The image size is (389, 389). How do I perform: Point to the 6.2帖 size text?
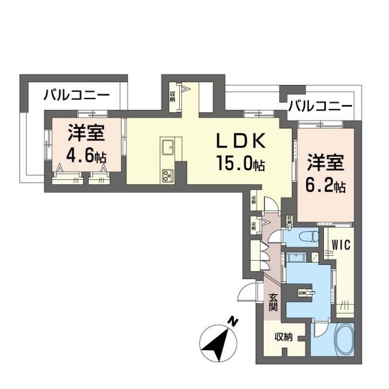pos(325,185)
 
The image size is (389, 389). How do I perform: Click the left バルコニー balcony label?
pos(77,96)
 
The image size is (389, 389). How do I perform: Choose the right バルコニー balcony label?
pos(320,106)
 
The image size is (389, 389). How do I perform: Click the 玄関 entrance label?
pos(274,303)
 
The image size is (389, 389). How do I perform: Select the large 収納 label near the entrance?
pos(283,337)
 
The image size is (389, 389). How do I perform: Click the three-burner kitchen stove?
pos(168,175)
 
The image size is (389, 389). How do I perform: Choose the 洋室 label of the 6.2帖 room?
pos(325,163)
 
